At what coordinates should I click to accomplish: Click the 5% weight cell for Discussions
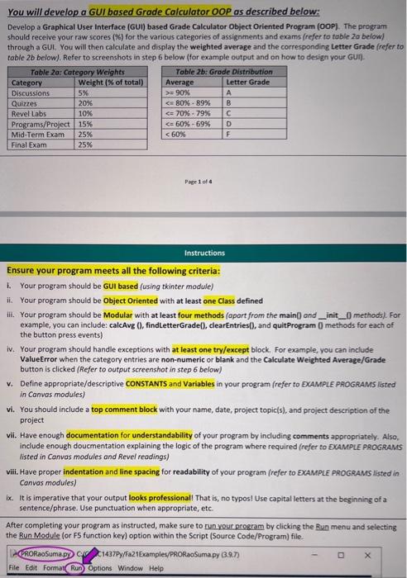click(83, 93)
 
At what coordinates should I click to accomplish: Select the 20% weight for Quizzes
click(85, 103)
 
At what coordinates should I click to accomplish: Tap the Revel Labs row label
click(30, 113)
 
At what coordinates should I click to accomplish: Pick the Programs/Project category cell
click(41, 123)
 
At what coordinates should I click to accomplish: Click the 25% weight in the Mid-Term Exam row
click(85, 133)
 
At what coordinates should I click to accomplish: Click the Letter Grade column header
click(247, 83)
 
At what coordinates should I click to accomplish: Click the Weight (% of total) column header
click(110, 83)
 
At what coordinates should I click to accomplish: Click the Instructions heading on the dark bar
click(203, 255)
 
